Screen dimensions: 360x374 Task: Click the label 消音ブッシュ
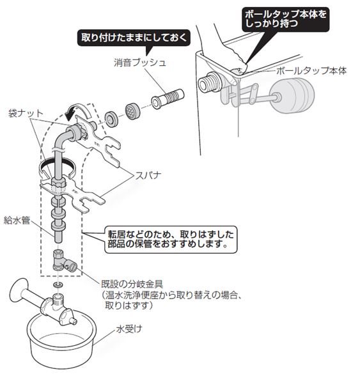click(x=140, y=63)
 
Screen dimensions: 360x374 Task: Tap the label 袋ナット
click(x=26, y=113)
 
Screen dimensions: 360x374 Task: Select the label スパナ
click(x=148, y=176)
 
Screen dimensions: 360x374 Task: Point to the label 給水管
click(x=17, y=220)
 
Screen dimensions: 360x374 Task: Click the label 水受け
click(x=129, y=329)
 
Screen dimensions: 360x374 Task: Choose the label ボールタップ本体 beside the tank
click(x=311, y=71)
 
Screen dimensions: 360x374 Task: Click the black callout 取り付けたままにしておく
click(x=134, y=38)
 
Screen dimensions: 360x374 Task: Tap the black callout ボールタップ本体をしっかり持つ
click(x=286, y=19)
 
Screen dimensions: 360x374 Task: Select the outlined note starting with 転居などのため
click(x=171, y=240)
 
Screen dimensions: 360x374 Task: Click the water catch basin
click(x=61, y=341)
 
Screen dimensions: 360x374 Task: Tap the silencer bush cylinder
click(x=168, y=98)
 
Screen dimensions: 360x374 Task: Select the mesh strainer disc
click(x=133, y=111)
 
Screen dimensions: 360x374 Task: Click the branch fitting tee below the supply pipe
click(x=64, y=261)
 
